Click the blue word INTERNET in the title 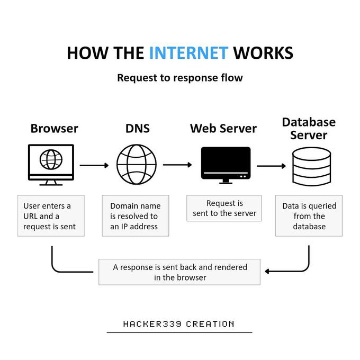[x=188, y=53]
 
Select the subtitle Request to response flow [x=179, y=78]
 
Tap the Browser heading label [x=54, y=129]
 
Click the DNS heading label [x=137, y=129]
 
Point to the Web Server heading [x=223, y=129]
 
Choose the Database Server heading [x=309, y=129]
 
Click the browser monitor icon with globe [x=51, y=165]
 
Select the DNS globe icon [x=137, y=165]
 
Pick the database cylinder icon [x=311, y=165]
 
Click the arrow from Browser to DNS [x=94, y=166]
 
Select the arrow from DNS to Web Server [x=177, y=165]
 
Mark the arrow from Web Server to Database [x=271, y=166]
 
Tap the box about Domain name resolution [x=135, y=216]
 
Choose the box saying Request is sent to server [x=224, y=208]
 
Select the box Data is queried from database [x=309, y=216]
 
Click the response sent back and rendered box [x=179, y=272]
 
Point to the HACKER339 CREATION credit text [x=179, y=324]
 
